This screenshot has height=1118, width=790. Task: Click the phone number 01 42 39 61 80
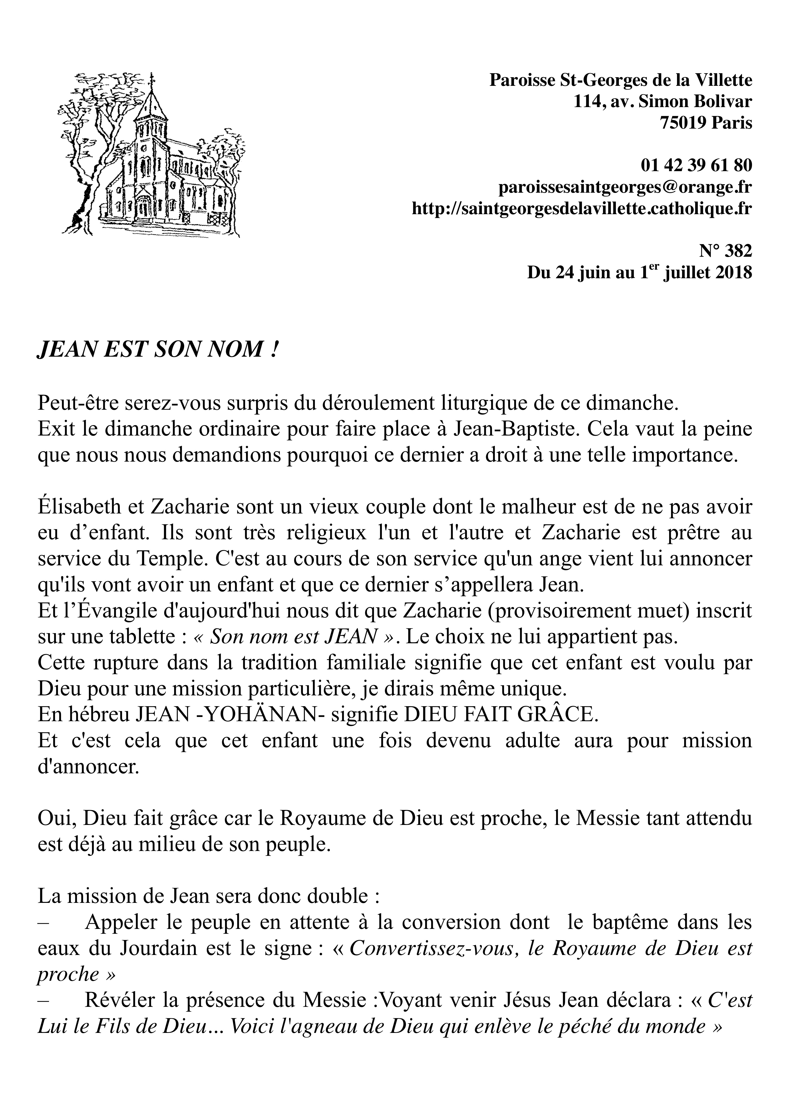point(696,166)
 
